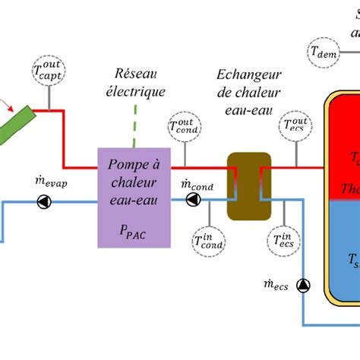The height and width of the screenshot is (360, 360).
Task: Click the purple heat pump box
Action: (x=134, y=197)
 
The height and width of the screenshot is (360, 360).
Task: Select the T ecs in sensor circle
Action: (x=287, y=242)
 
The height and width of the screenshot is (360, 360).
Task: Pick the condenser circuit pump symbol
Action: (x=193, y=200)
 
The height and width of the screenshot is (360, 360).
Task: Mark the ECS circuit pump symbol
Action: (x=304, y=286)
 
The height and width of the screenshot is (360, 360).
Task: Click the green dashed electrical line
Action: (x=134, y=126)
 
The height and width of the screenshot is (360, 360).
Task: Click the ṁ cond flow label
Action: (x=192, y=182)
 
